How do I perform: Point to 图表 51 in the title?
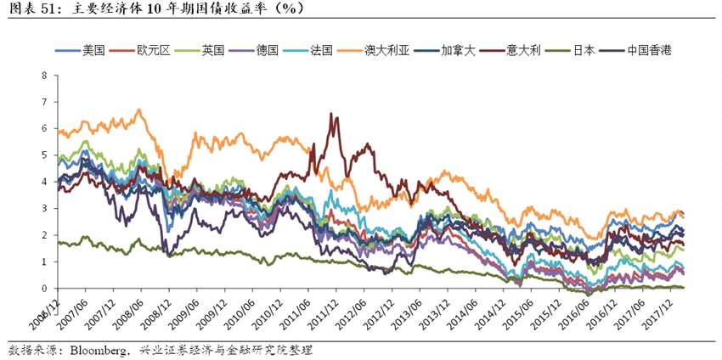coord(30,9)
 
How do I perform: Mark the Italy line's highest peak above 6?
coord(332,114)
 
